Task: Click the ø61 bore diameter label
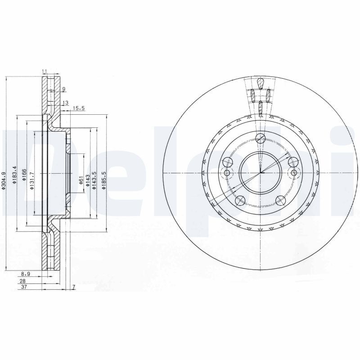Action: tap(81, 181)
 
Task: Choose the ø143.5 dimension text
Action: tap(94, 180)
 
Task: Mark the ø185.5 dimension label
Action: tap(104, 180)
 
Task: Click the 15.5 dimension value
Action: tap(79, 108)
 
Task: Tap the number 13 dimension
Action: tap(65, 103)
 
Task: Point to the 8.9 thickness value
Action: tap(26, 273)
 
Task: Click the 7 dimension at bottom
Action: tap(73, 287)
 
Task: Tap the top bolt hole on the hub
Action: tap(260, 139)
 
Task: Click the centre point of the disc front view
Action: tap(260, 173)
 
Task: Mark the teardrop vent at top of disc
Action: tap(260, 83)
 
